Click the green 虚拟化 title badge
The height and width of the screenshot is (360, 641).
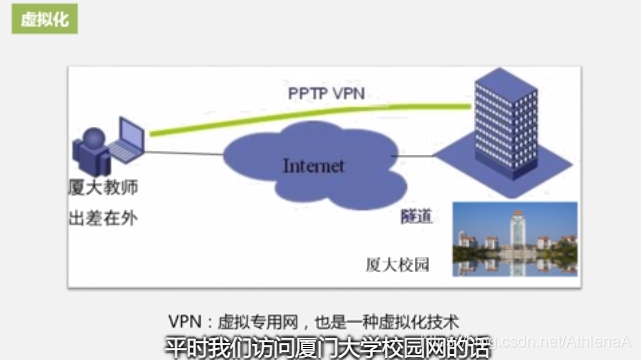[45, 19]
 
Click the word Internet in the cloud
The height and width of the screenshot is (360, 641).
[313, 166]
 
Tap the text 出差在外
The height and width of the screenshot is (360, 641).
[102, 219]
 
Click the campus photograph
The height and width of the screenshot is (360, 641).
[514, 239]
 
